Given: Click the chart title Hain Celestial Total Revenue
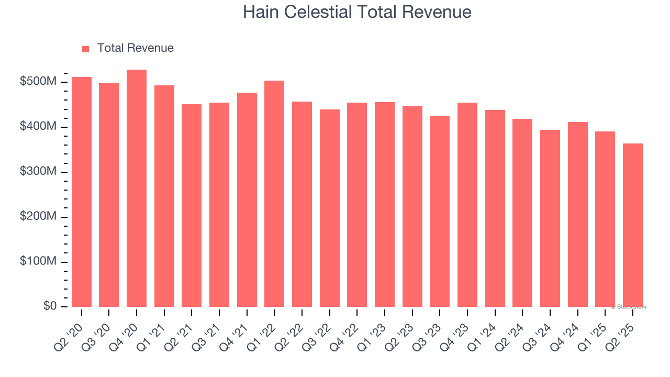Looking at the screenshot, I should point(357,12).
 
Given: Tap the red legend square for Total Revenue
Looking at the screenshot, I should point(86,49).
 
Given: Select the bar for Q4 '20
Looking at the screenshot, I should point(137,188).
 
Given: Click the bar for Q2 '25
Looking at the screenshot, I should point(633,225).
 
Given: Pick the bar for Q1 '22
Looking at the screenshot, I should point(274,194).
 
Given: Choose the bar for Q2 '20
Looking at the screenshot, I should point(82,192).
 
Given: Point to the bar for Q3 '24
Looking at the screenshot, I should point(550,218).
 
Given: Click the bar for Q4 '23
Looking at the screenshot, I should point(467,205).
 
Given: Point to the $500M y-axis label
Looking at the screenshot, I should point(39,82).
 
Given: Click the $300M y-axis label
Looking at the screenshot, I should point(39,172).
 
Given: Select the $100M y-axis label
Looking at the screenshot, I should point(39,262).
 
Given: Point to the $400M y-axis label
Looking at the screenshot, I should point(39,127).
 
